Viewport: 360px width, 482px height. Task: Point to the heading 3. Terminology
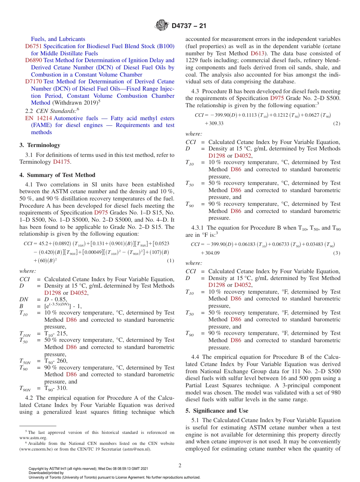click(40, 145)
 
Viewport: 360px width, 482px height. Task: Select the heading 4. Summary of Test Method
click(57, 175)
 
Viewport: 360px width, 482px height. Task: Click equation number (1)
click(170, 261)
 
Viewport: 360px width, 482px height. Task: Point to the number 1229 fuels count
click(192, 60)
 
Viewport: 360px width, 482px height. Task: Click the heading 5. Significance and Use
click(217, 411)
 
